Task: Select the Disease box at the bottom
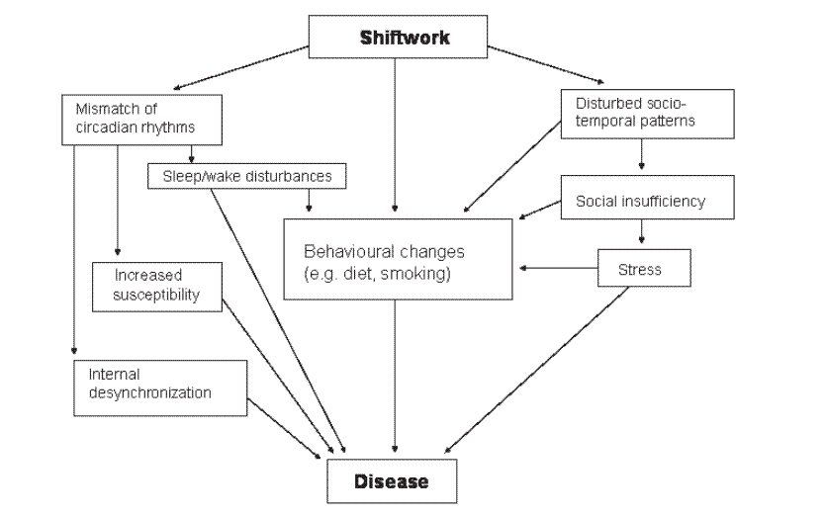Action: [392, 482]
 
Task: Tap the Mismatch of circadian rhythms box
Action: [128, 118]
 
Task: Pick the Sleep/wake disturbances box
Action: [247, 176]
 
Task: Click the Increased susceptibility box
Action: [155, 285]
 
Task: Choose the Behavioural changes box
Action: [398, 259]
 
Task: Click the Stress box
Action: [644, 268]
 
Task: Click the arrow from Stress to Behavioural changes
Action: [558, 268]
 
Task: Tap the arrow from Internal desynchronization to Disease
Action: [284, 430]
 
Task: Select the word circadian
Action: [104, 127]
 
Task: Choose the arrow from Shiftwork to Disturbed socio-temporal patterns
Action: [545, 63]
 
